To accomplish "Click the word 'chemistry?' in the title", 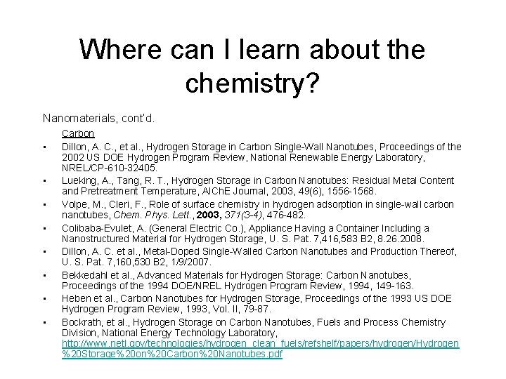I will point(252,82).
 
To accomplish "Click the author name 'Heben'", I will point(76,298).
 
